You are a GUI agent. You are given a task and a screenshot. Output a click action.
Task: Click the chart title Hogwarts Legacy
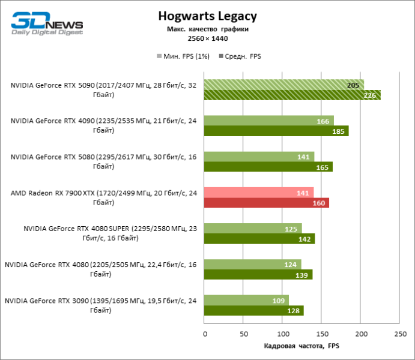(207, 16)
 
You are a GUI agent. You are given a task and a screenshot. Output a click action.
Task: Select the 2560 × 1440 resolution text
(207, 39)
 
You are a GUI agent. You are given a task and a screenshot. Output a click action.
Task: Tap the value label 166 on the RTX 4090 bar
(323, 121)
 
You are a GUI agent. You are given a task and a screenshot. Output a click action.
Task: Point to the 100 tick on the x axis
(283, 334)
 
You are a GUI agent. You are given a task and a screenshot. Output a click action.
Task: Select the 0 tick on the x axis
(205, 334)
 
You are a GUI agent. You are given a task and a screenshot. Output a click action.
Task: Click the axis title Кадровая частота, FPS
(302, 347)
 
